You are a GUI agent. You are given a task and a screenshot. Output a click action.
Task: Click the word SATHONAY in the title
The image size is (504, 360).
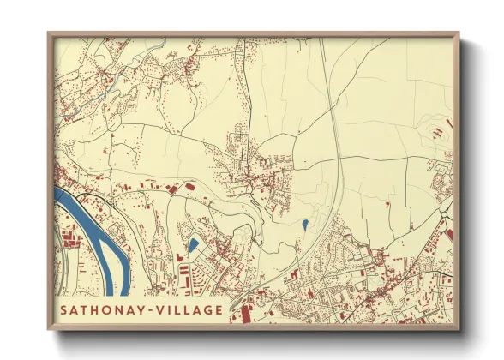[97, 310]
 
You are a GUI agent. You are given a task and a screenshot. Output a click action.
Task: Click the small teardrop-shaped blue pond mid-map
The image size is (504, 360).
[304, 225]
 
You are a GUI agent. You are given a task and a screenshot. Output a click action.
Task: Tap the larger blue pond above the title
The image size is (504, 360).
[194, 245]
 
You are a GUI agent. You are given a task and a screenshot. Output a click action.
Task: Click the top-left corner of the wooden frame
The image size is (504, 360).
[49, 33]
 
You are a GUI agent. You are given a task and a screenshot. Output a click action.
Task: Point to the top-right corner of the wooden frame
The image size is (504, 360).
[459, 33]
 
